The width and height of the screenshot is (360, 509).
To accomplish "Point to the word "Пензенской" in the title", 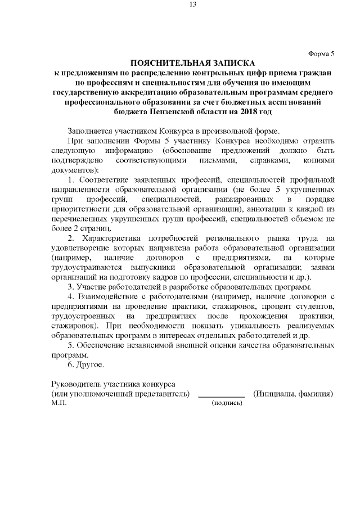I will pos(166,111).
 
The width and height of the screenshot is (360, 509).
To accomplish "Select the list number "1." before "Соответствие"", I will pos(70,179).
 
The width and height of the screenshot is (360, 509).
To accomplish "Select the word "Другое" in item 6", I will pos(89,366).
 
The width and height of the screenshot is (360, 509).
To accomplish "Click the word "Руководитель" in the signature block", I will pos(74,384).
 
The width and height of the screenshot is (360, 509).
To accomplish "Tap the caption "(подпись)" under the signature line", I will pos(227,403).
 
